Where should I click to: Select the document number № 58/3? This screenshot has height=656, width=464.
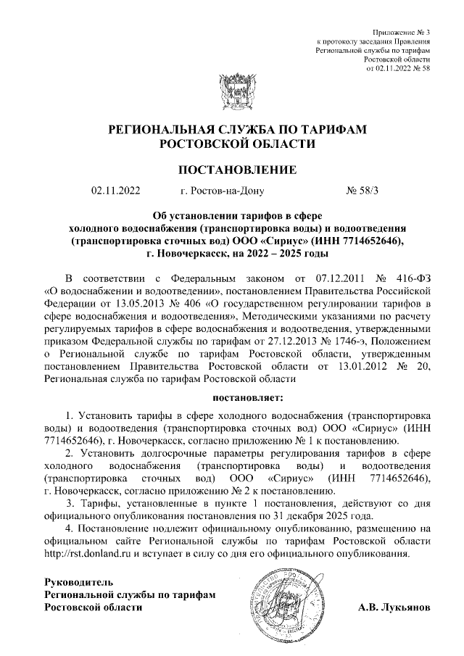[x=363, y=192]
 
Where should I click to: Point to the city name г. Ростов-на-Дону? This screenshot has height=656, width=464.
[x=222, y=192]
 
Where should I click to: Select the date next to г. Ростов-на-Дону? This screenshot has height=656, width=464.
[x=115, y=192]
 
